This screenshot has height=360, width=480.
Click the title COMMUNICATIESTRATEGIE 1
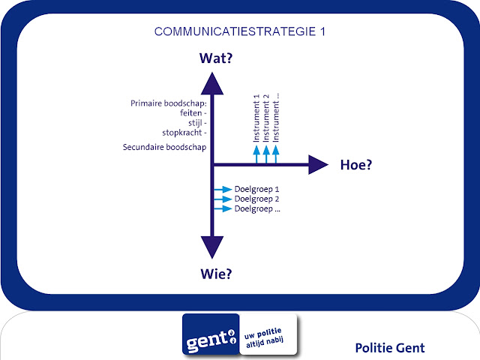(239, 31)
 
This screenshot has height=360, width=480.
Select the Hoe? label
(356, 165)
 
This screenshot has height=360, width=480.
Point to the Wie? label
(214, 274)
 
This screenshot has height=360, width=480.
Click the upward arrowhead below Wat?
(214, 82)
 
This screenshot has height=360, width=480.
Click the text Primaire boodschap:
(168, 104)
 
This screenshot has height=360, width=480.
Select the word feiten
(192, 113)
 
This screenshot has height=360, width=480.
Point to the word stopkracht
(184, 133)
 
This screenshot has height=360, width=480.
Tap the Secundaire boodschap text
(164, 147)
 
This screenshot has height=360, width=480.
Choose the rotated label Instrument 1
(256, 119)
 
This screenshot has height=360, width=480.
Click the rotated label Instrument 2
(266, 119)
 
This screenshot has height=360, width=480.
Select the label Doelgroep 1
(256, 189)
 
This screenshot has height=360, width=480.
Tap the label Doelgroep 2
(256, 199)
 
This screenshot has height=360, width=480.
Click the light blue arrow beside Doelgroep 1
(223, 189)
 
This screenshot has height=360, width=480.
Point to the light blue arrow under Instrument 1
(256, 153)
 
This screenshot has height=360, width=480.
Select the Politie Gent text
(390, 347)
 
